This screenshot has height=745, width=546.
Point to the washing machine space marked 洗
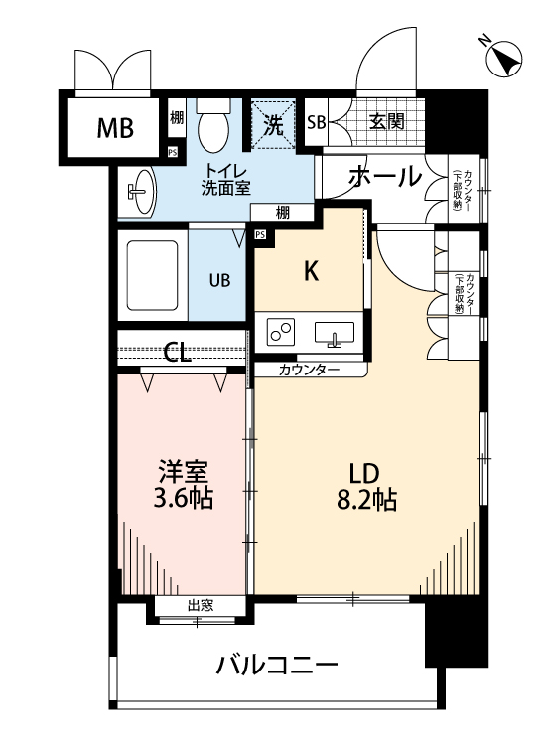(273, 123)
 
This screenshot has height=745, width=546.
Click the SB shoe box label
(317, 123)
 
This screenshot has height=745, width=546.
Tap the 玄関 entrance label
(386, 122)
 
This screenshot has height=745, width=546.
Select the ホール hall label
(384, 177)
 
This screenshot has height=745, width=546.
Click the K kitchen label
(311, 270)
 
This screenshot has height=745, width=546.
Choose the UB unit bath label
(218, 280)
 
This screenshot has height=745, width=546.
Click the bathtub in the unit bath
(152, 275)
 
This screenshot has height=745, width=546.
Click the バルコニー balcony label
(277, 665)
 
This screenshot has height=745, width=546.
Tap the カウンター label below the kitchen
(309, 370)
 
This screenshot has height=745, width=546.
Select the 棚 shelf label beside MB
(176, 118)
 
